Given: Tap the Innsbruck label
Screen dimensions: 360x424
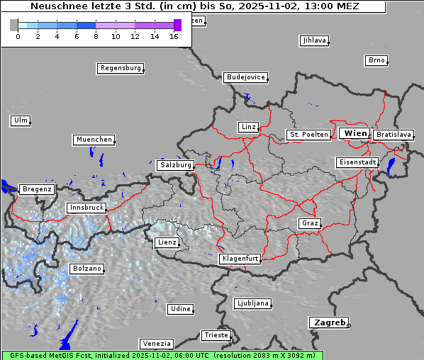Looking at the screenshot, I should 86,208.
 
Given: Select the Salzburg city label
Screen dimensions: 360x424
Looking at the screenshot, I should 175,164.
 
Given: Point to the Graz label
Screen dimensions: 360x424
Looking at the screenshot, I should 309,223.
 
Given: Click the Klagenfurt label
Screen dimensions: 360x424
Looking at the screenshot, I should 240,259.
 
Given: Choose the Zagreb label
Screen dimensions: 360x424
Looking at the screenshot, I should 328,322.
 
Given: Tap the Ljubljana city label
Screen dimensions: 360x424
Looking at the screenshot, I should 252,303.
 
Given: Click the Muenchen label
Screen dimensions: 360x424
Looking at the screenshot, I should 94,140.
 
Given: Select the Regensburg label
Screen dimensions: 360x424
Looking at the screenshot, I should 120,68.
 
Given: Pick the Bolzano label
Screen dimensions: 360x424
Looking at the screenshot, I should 87,269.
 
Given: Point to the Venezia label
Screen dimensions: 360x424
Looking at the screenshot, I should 155,343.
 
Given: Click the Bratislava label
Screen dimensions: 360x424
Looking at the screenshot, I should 393,134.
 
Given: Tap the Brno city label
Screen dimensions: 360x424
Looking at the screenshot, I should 376,60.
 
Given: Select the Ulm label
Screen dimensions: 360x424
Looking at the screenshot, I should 21,120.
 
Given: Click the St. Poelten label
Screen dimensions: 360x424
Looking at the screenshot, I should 308,134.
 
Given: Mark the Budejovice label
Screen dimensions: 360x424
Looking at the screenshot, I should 245,77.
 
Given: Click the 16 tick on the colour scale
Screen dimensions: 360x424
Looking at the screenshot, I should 174,35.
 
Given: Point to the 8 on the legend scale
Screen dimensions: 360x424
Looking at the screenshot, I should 96,35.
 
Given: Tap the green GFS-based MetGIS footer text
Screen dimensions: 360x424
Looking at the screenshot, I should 162,355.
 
